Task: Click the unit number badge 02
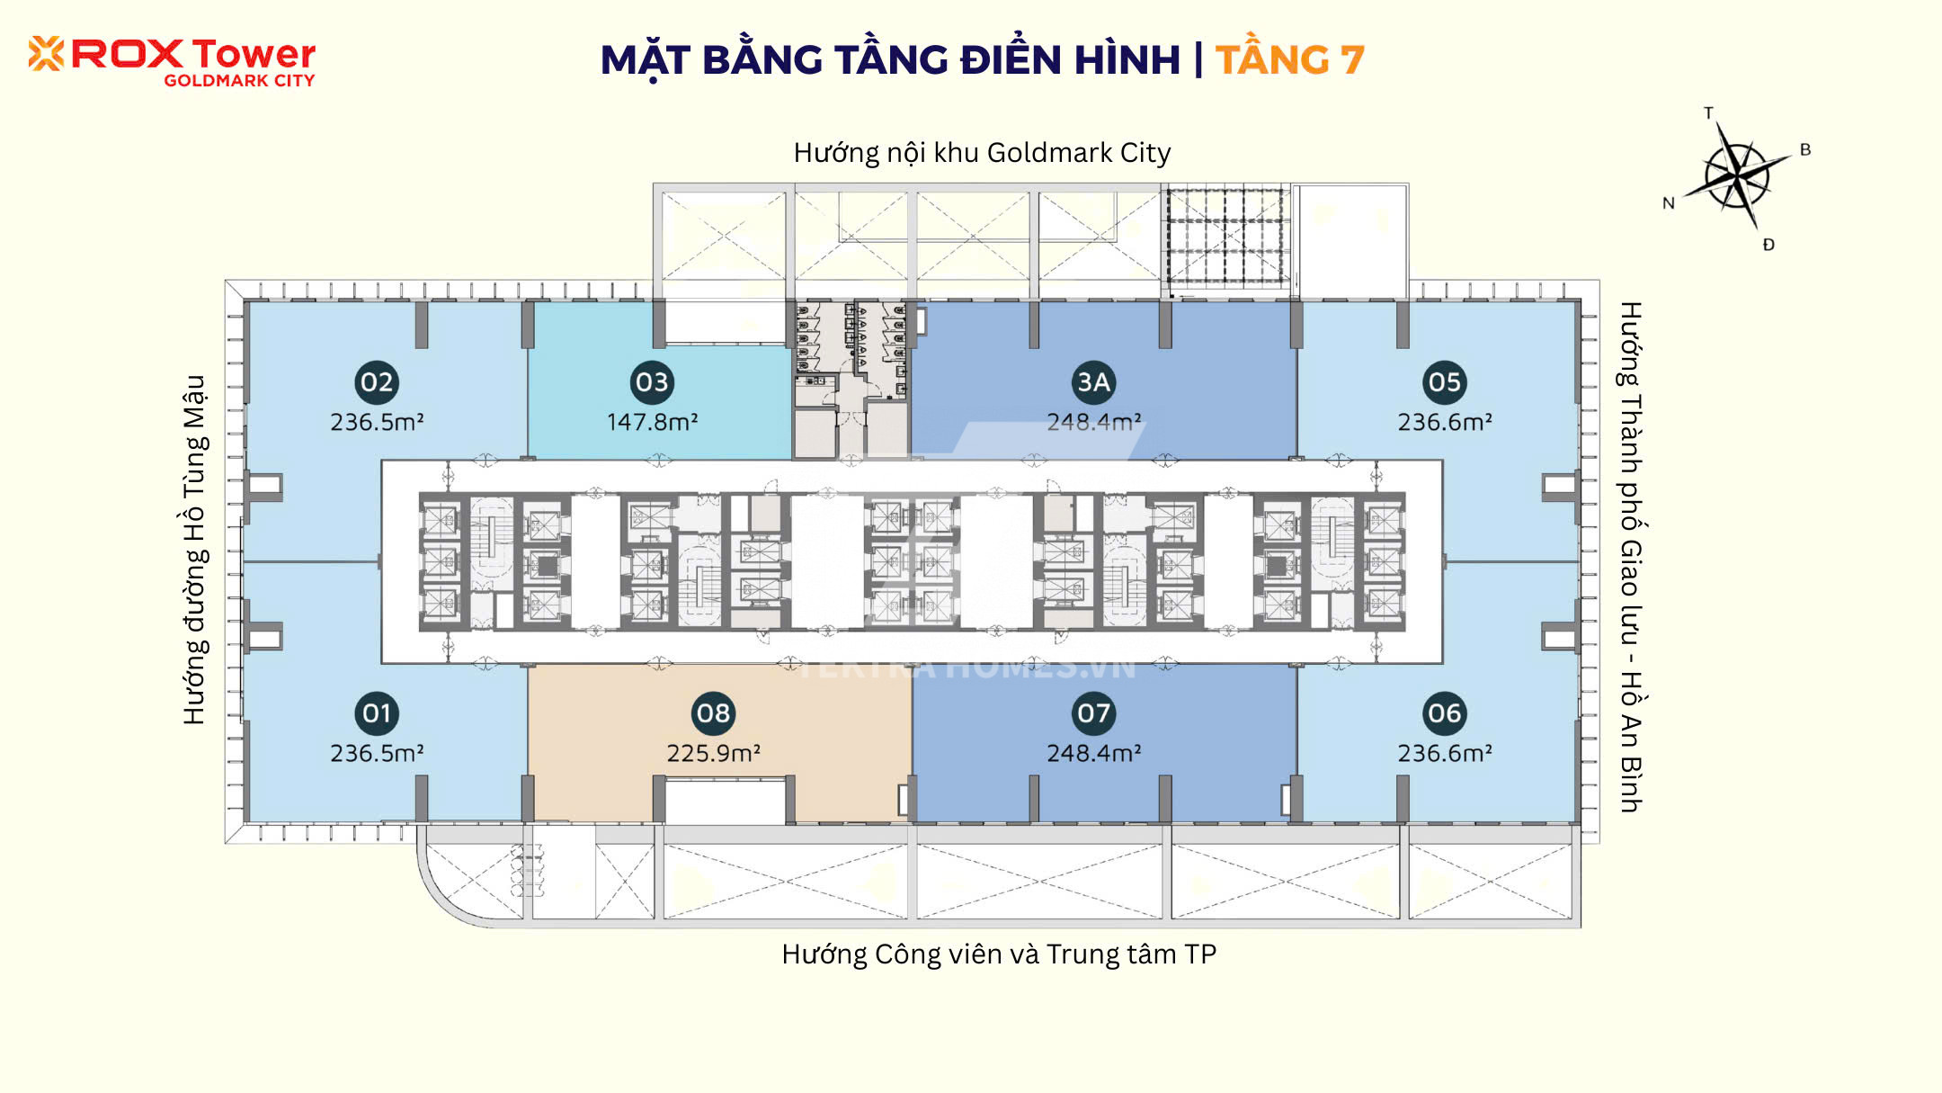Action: coord(377,382)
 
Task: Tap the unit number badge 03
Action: coord(652,382)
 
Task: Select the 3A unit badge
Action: coord(1093,382)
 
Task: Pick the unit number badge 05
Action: coord(1445,382)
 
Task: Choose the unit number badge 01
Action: coord(377,713)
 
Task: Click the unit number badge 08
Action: coord(714,713)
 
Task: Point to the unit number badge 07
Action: coord(1093,713)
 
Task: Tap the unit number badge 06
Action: coord(1445,713)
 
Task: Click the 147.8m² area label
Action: coord(653,422)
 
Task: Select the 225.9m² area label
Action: coord(714,753)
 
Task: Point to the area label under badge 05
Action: coord(1445,422)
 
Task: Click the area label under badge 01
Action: coord(377,753)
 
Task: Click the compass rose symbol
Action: coord(1737,175)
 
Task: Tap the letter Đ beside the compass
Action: coord(1768,245)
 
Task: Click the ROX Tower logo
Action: coord(172,61)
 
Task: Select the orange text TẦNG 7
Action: coord(1290,60)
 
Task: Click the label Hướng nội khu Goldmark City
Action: coord(982,153)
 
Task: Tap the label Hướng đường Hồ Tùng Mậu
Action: coord(195,550)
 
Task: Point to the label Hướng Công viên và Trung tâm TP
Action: coord(999,954)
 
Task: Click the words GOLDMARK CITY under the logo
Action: coord(239,80)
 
